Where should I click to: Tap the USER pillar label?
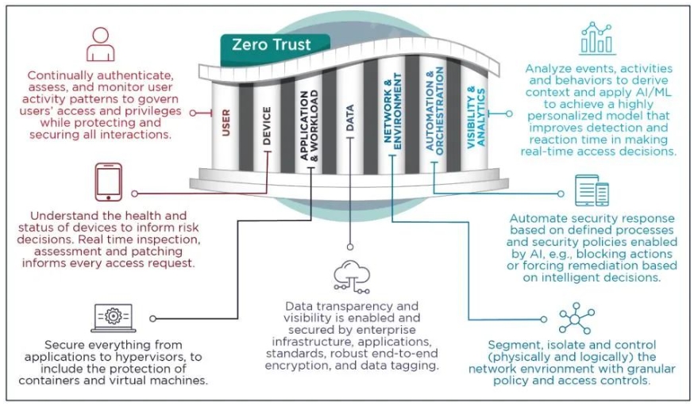226,123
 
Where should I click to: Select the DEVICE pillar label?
267,126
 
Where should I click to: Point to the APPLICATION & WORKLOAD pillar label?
309,125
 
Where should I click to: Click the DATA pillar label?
350,118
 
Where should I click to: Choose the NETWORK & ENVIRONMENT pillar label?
392,112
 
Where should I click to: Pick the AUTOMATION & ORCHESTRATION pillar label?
434,111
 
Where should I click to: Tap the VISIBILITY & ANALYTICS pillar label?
476,117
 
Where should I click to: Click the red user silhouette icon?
101,44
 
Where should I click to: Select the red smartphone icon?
108,182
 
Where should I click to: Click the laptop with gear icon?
113,318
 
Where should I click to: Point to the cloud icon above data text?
352,277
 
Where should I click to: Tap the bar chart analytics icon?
597,38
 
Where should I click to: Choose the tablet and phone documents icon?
592,190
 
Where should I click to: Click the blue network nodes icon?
576,319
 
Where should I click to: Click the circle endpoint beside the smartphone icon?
134,194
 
